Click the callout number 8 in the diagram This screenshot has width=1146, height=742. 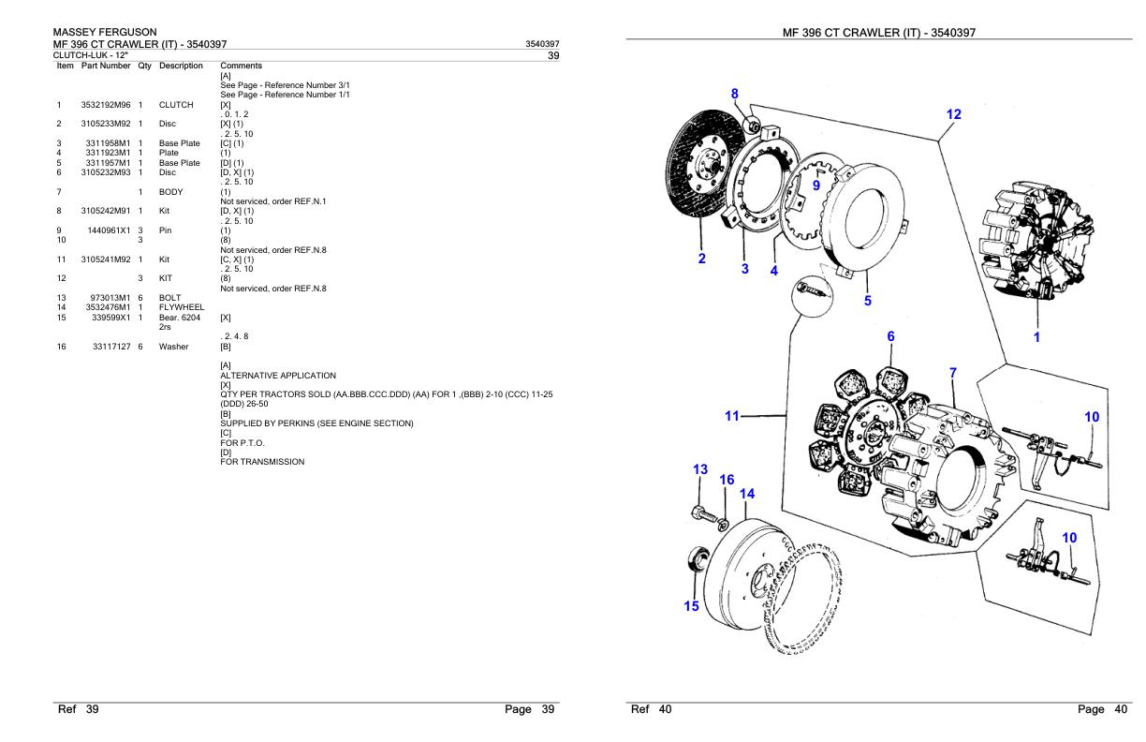734,94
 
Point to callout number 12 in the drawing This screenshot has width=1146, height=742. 953,114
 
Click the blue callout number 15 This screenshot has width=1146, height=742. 690,606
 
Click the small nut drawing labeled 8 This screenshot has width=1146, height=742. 749,124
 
